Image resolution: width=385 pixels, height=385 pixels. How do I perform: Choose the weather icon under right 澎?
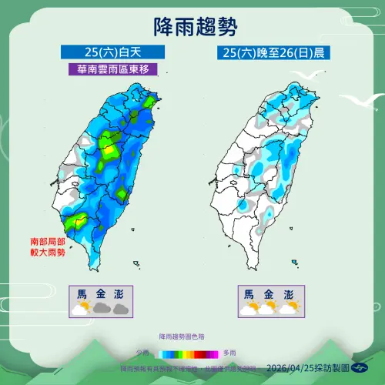(288, 308)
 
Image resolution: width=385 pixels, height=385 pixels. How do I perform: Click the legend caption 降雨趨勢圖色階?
(183, 337)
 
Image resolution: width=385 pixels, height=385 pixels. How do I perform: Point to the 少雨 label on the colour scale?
(143, 353)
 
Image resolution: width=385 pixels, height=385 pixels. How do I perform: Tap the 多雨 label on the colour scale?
(229, 353)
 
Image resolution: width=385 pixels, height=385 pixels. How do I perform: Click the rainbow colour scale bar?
(187, 353)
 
